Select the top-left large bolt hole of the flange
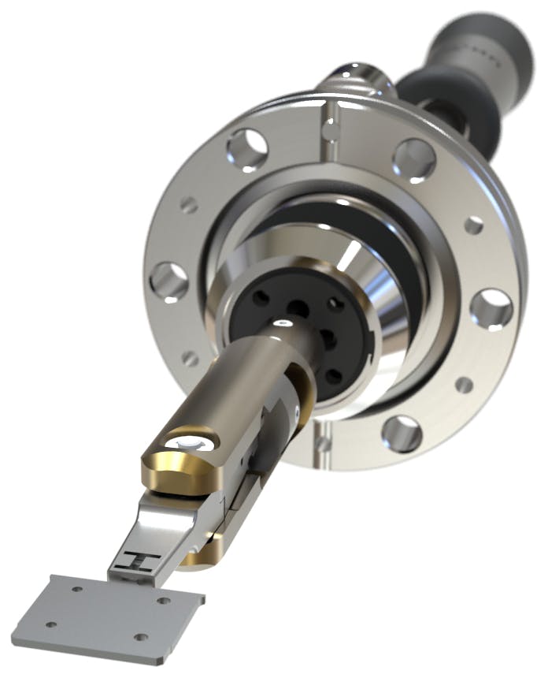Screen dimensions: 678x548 [x=247, y=148]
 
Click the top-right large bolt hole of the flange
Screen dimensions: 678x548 [x=414, y=158]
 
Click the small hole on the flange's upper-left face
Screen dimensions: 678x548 [x=189, y=205]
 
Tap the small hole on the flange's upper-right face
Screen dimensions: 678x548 [x=473, y=225]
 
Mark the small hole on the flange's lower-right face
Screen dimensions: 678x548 [x=465, y=386]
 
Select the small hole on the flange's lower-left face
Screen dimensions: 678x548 [x=190, y=358]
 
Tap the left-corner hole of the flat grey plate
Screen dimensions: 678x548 [x=51, y=624]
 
